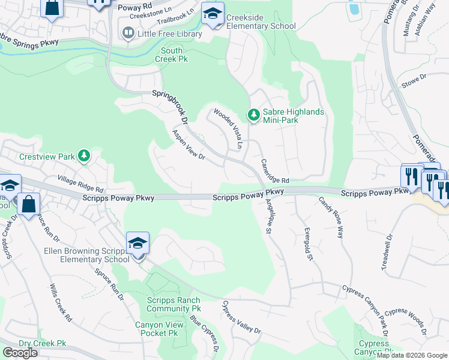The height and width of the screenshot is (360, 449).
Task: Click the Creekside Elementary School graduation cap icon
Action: pyautogui.click(x=212, y=15)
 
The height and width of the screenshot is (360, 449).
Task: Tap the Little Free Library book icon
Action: pyautogui.click(x=128, y=34)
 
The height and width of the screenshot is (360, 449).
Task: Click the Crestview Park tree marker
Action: pyautogui.click(x=85, y=157)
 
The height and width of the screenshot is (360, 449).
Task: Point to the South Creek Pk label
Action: pyautogui.click(x=172, y=55)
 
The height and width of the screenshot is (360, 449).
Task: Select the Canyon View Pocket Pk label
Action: pyautogui.click(x=157, y=329)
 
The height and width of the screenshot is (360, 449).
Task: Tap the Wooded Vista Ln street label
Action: pyautogui.click(x=229, y=128)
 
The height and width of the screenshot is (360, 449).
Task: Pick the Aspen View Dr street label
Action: pyautogui.click(x=188, y=145)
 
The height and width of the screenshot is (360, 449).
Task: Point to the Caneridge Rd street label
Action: pyautogui.click(x=275, y=172)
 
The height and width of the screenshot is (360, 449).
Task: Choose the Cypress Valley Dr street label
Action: pyautogui.click(x=242, y=317)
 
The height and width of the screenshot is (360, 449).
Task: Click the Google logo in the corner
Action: pyautogui.click(x=20, y=353)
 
